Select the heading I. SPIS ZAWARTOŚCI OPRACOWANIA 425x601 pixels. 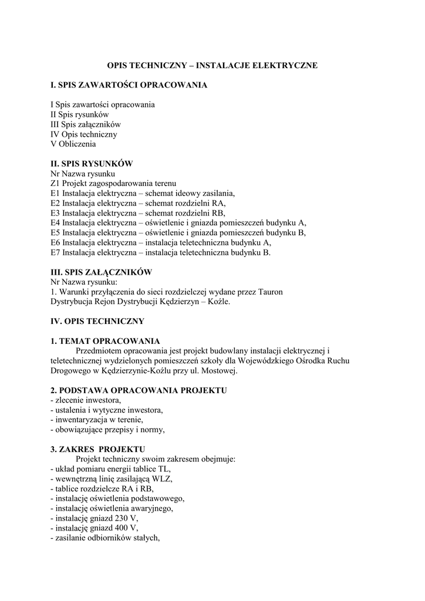pos(129,85)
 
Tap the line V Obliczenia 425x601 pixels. pos(73,144)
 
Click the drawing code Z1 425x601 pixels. pos(55,184)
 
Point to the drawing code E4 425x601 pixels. pos(55,222)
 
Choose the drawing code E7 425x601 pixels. pos(55,252)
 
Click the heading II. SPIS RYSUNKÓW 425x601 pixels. pos(92,164)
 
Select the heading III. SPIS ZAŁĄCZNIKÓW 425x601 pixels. pos(102,272)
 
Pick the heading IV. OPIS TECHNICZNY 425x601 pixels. pos(97,322)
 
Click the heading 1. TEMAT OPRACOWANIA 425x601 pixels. pos(105,342)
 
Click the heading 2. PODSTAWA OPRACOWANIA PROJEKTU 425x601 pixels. pos(139,390)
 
